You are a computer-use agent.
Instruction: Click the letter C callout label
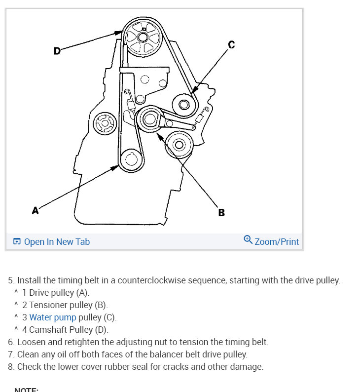coord(231,45)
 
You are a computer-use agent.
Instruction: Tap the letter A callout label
coord(35,211)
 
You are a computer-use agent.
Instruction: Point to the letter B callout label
coord(221,213)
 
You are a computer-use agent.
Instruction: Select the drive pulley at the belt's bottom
coord(131,159)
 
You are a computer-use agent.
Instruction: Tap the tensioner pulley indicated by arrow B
coord(149,119)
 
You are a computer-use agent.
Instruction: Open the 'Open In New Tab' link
coord(57,241)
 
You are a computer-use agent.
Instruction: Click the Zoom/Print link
coord(277,241)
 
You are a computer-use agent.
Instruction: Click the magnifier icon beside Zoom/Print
coord(248,240)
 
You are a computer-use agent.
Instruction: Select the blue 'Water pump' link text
coord(53,317)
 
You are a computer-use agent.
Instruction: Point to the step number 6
coord(11,342)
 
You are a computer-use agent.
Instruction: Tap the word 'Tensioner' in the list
coord(53,305)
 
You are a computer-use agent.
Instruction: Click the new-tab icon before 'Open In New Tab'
coord(17,241)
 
